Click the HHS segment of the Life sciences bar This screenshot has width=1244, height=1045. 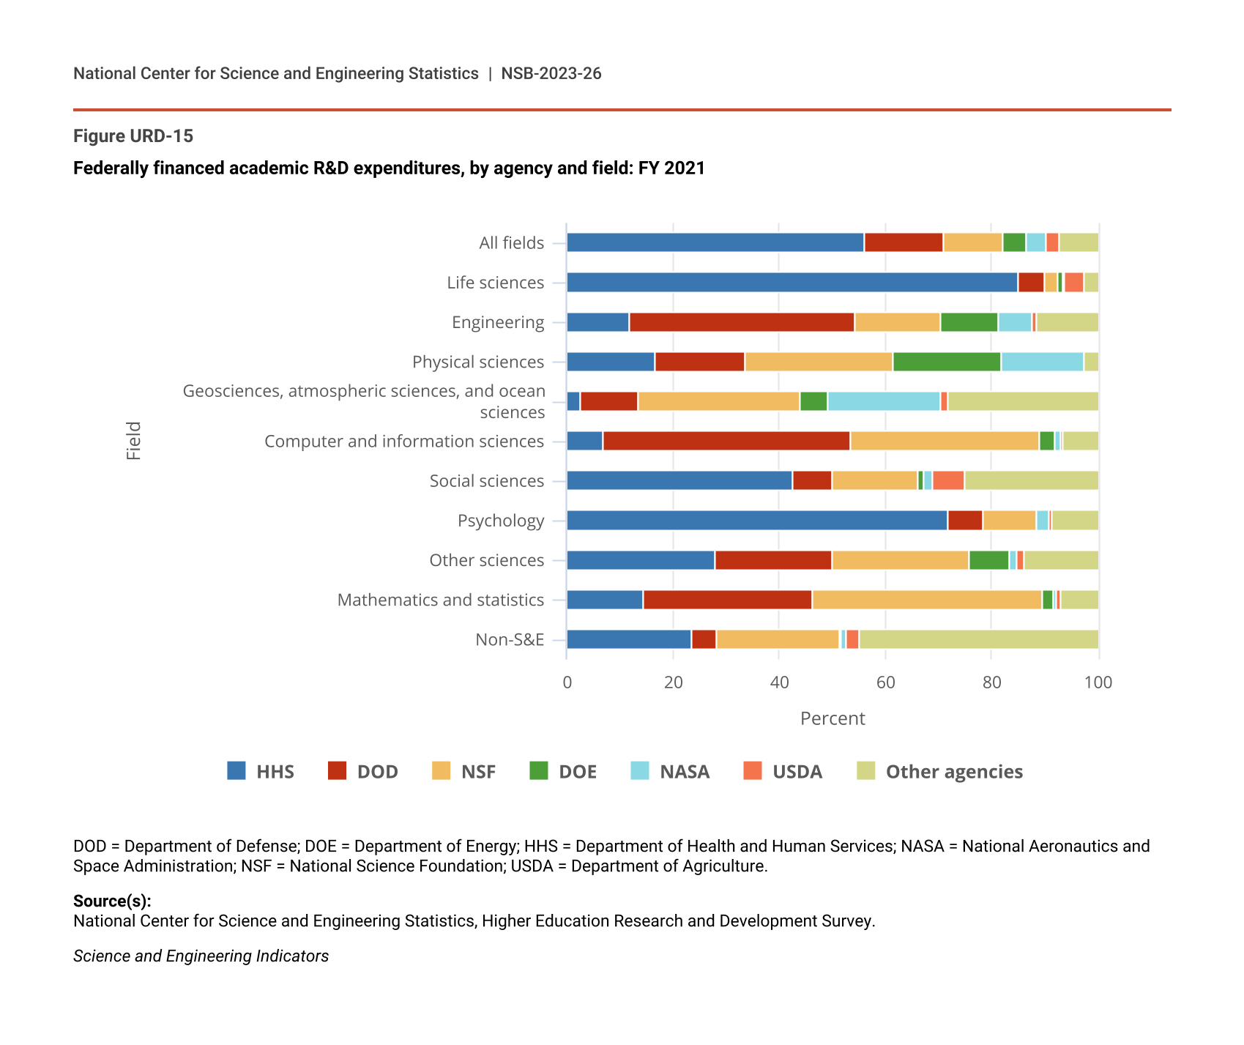pyautogui.click(x=792, y=282)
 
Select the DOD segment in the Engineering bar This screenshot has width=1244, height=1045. pyautogui.click(x=741, y=322)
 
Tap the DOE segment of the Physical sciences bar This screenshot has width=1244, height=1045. pyautogui.click(x=946, y=362)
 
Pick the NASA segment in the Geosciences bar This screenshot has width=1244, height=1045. pyautogui.click(x=883, y=401)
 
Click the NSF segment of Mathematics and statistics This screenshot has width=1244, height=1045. pyautogui.click(x=926, y=600)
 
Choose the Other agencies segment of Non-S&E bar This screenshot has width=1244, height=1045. pyautogui.click(x=978, y=639)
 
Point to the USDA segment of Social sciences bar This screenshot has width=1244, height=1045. pyautogui.click(x=948, y=480)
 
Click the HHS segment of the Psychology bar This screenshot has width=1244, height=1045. pyautogui.click(x=756, y=521)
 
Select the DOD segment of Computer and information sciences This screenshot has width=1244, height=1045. pyautogui.click(x=726, y=441)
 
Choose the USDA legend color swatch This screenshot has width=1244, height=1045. pyautogui.click(x=752, y=771)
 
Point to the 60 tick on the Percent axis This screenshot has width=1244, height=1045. pyautogui.click(x=885, y=683)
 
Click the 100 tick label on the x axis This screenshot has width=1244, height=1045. pyautogui.click(x=1098, y=683)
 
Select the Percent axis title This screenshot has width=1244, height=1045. pyautogui.click(x=833, y=718)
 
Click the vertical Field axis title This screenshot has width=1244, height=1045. pyautogui.click(x=133, y=441)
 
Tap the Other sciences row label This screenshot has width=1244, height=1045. pyautogui.click(x=486, y=560)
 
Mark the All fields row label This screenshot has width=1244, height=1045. pyautogui.click(x=511, y=242)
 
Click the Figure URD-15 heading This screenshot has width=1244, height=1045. pyautogui.click(x=133, y=136)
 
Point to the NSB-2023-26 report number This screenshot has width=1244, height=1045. pyautogui.click(x=551, y=73)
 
